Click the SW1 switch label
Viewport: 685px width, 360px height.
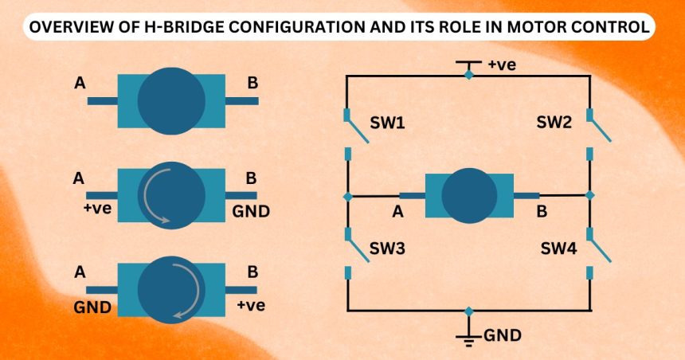388,124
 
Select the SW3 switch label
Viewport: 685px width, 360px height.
388,248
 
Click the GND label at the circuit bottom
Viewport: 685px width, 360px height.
503,335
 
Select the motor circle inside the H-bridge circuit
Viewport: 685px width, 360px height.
469,195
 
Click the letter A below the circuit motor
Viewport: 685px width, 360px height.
397,212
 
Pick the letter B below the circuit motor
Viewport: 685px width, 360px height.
542,212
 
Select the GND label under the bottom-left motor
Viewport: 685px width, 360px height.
92,306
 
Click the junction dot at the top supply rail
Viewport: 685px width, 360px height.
469,75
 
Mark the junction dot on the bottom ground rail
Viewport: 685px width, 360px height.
469,310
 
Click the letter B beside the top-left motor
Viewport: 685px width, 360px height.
252,82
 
